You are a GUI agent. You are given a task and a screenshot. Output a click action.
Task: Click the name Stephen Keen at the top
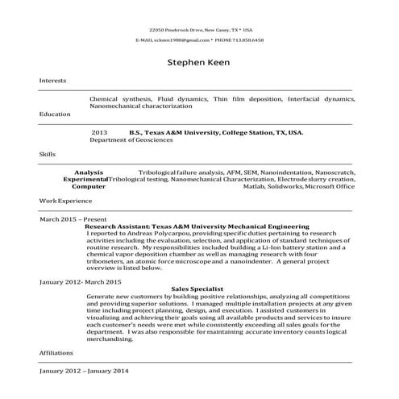coord(198,61)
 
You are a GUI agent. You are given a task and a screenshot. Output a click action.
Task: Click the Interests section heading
coord(53,81)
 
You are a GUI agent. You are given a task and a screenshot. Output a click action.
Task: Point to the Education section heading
coord(55,114)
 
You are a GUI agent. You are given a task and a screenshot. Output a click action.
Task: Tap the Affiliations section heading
coord(56,353)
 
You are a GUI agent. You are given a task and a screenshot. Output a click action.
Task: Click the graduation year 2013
coord(99,131)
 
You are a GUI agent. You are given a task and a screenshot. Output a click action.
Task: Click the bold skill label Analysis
coord(89,172)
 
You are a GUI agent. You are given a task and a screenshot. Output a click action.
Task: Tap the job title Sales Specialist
coord(197,289)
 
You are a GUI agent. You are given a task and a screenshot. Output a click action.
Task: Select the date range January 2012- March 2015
coord(81,282)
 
